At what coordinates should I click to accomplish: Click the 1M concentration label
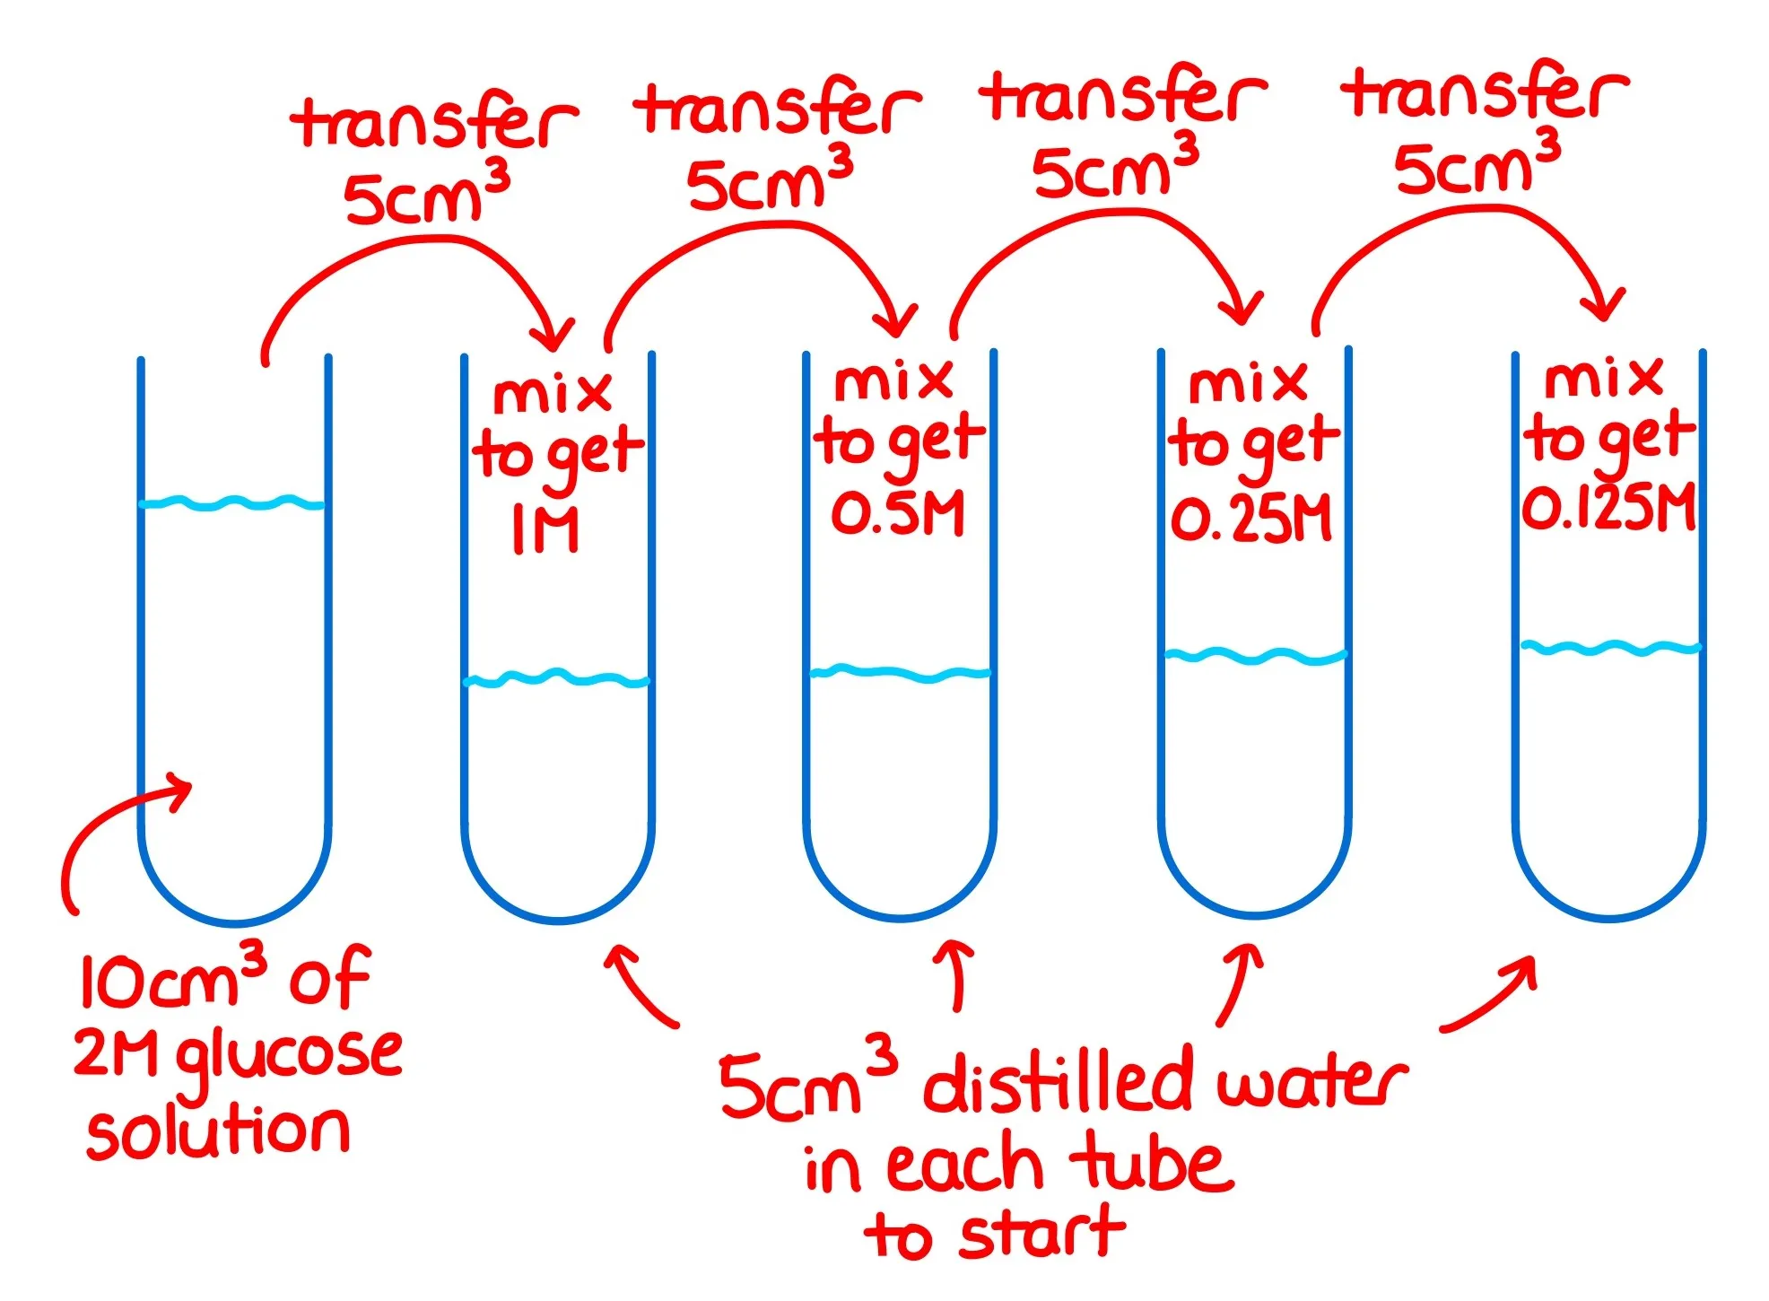[x=545, y=528]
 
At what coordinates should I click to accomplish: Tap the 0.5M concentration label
[x=898, y=514]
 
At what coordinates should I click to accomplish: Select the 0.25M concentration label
[x=1251, y=520]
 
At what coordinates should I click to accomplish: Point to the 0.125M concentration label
[x=1608, y=508]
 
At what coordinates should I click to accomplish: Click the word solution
[x=218, y=1131]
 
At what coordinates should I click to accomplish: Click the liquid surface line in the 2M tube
[x=233, y=503]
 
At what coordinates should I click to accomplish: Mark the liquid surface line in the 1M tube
[x=556, y=678]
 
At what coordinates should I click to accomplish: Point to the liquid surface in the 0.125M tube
[x=1610, y=647]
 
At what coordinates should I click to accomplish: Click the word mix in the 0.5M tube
[x=893, y=381]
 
